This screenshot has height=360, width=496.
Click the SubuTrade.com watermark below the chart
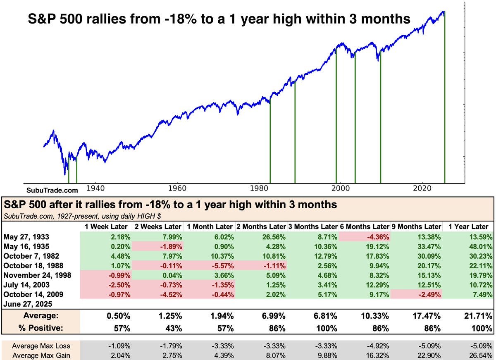tap(52, 191)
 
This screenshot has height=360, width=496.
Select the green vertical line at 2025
tap(445, 103)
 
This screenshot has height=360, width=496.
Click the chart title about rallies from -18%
tap(219, 19)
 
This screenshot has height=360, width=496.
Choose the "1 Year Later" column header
tap(468, 226)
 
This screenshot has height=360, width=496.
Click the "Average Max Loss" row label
tap(41, 346)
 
